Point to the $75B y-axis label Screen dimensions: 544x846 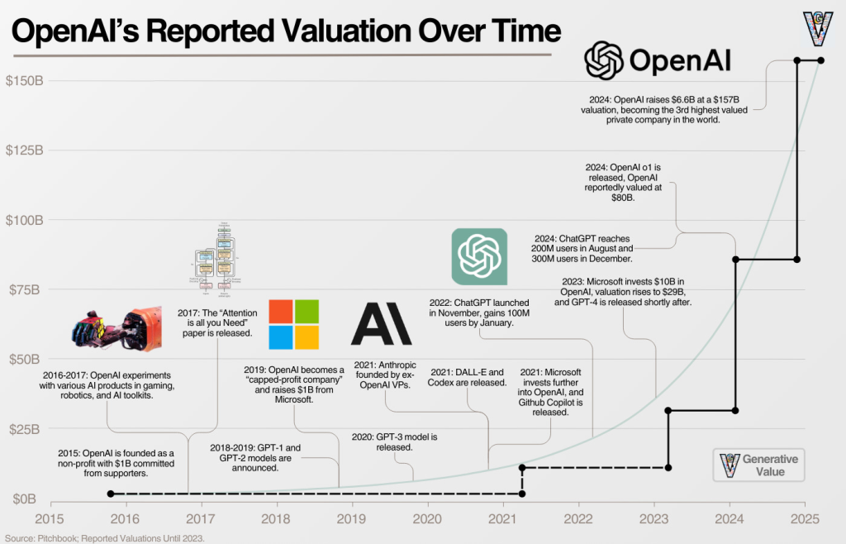[x=25, y=289]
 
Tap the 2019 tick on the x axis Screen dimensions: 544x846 [x=352, y=518]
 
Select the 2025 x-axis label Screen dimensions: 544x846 [x=805, y=518]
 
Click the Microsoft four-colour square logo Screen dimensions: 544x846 [x=293, y=324]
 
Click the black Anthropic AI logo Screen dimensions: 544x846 [x=381, y=323]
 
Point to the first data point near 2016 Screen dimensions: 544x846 [x=111, y=494]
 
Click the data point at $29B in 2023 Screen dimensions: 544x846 [x=668, y=410]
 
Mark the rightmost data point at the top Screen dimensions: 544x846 [x=820, y=60]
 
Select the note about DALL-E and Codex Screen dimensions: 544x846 [x=467, y=377]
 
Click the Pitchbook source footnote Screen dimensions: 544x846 [x=103, y=537]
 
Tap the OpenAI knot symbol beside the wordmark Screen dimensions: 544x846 [x=602, y=60]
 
